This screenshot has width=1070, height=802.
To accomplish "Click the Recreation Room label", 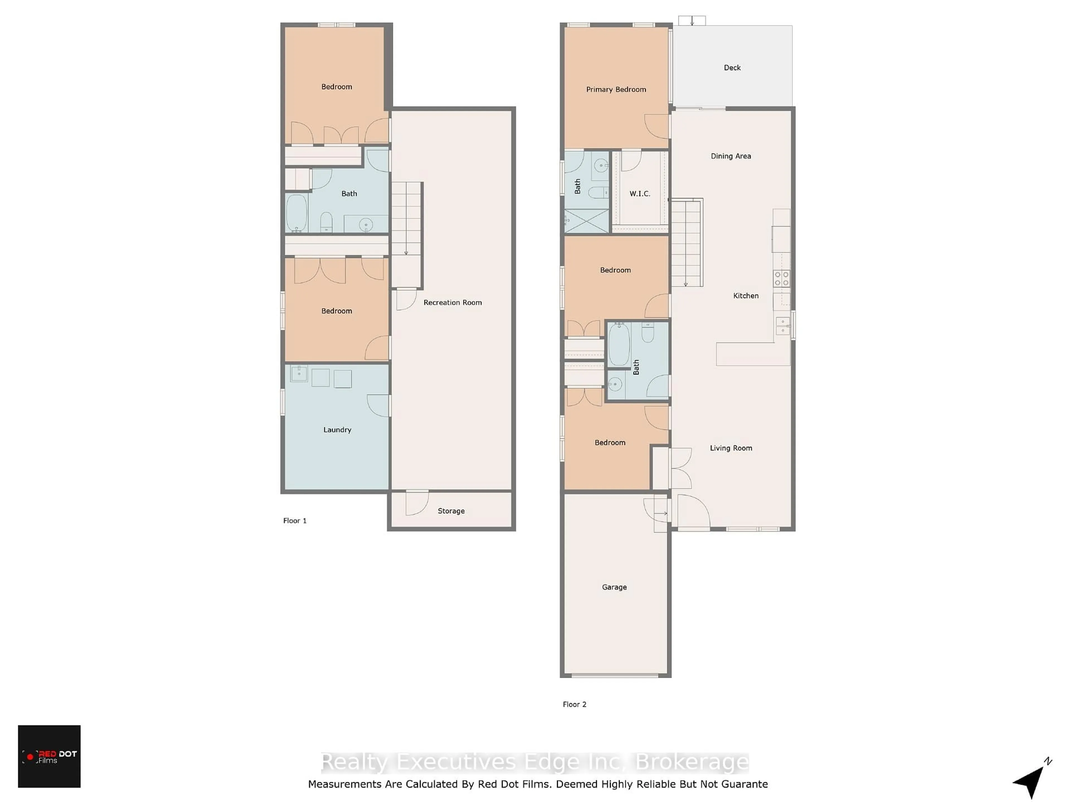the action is coord(452,302).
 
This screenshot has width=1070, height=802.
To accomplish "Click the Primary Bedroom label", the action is coord(616,89).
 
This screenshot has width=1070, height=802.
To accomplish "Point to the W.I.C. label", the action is coord(639,193).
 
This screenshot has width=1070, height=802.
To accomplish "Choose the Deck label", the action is coord(732,68).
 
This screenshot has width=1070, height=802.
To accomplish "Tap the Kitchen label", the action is coord(745,296).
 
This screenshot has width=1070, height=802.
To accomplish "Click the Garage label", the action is coord(614,587).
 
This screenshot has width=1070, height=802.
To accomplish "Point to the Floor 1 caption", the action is coord(295,521).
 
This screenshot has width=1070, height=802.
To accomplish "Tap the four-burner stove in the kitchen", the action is coord(781,279).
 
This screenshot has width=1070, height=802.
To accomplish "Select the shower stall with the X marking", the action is coord(587,221).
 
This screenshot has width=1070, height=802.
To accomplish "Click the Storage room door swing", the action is coord(417,503).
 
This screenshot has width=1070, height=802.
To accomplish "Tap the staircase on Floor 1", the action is coord(406,235).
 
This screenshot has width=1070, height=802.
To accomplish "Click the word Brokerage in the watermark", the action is coord(692,762).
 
